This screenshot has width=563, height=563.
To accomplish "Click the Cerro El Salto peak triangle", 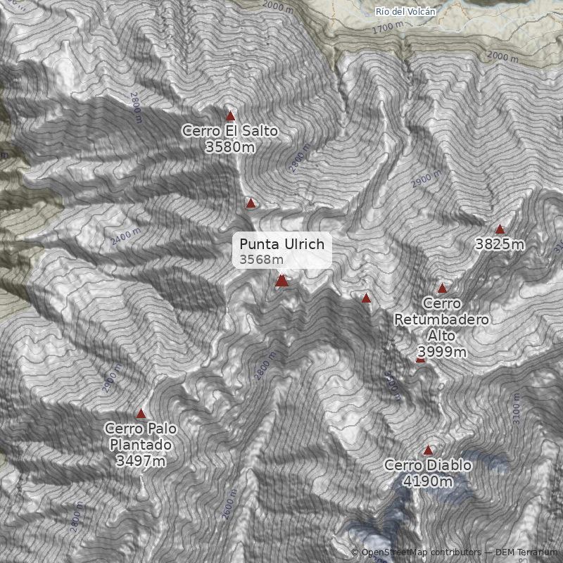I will tap(230, 116).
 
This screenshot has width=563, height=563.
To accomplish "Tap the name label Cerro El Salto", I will tap(230, 131).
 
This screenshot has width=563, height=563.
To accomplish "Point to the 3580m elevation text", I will tap(230, 147).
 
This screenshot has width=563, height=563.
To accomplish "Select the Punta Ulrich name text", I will tap(281, 244).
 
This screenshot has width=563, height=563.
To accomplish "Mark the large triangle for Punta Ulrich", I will tap(281, 281).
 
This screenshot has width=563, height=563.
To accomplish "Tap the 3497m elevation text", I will tap(141, 461).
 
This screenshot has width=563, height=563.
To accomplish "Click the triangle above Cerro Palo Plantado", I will tap(141, 414).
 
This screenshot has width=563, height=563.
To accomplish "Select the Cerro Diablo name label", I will tap(428, 466).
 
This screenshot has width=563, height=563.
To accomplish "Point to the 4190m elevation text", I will tap(428, 482).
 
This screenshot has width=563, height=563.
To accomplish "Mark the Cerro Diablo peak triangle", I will tap(428, 450).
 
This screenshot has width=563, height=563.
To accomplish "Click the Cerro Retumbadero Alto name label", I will tap(442, 320).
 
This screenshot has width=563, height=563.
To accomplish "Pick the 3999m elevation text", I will tap(442, 351).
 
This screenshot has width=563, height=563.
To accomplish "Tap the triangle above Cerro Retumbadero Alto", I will tap(442, 288).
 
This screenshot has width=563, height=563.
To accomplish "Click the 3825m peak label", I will tap(500, 245).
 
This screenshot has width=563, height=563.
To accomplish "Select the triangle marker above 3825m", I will tap(500, 229).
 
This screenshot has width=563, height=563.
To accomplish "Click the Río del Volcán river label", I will tap(406, 11).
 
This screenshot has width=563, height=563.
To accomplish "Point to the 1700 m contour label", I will tap(388, 27).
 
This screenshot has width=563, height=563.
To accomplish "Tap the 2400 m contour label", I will tap(126, 237).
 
